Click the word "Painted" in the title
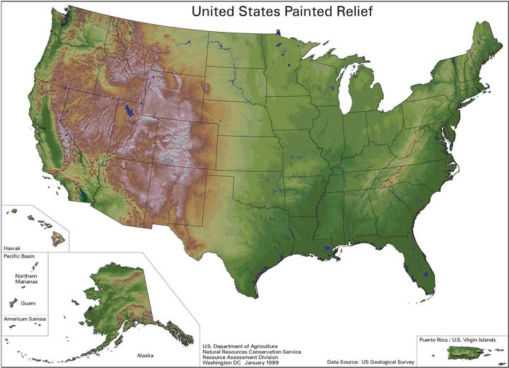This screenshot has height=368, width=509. (291, 11)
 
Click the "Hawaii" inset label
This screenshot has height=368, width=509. (12, 248)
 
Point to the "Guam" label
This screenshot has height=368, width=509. (28, 302)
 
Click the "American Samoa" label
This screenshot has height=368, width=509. (25, 320)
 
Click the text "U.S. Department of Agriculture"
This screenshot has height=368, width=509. (244, 345)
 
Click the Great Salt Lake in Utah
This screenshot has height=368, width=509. (129, 111)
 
